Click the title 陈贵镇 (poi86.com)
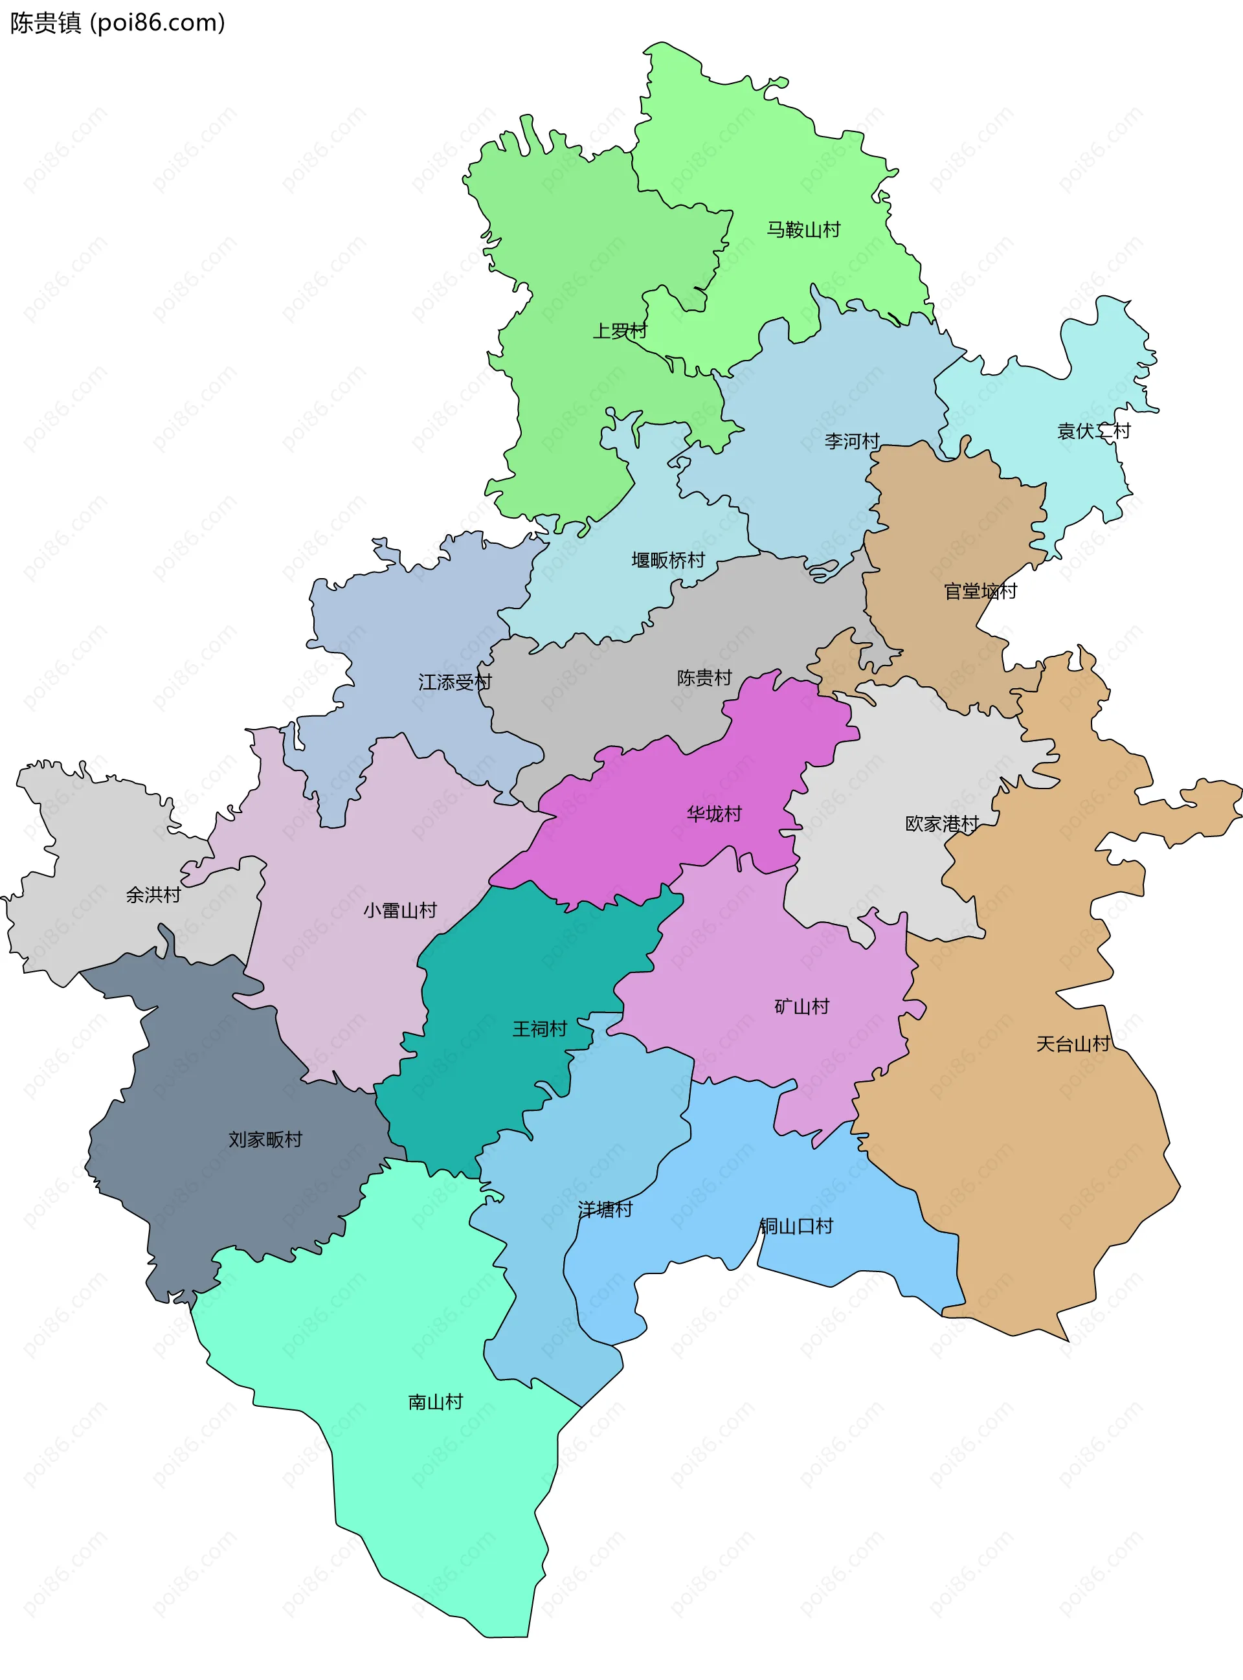point(117,23)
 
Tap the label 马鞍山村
point(803,229)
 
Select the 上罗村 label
point(620,330)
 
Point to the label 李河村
point(852,441)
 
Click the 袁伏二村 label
point(1093,431)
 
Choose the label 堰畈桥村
point(668,560)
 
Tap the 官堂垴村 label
point(980,591)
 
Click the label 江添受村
point(454,682)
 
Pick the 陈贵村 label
point(704,677)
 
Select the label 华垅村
point(714,813)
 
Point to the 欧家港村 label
point(941,823)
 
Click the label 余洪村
point(153,895)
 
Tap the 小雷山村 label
point(399,910)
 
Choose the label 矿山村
point(801,1007)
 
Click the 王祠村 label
point(539,1029)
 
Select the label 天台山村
point(1072,1044)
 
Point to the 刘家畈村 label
point(265,1139)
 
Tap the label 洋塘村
point(605,1209)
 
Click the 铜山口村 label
point(796,1226)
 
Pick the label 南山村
point(435,1402)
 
